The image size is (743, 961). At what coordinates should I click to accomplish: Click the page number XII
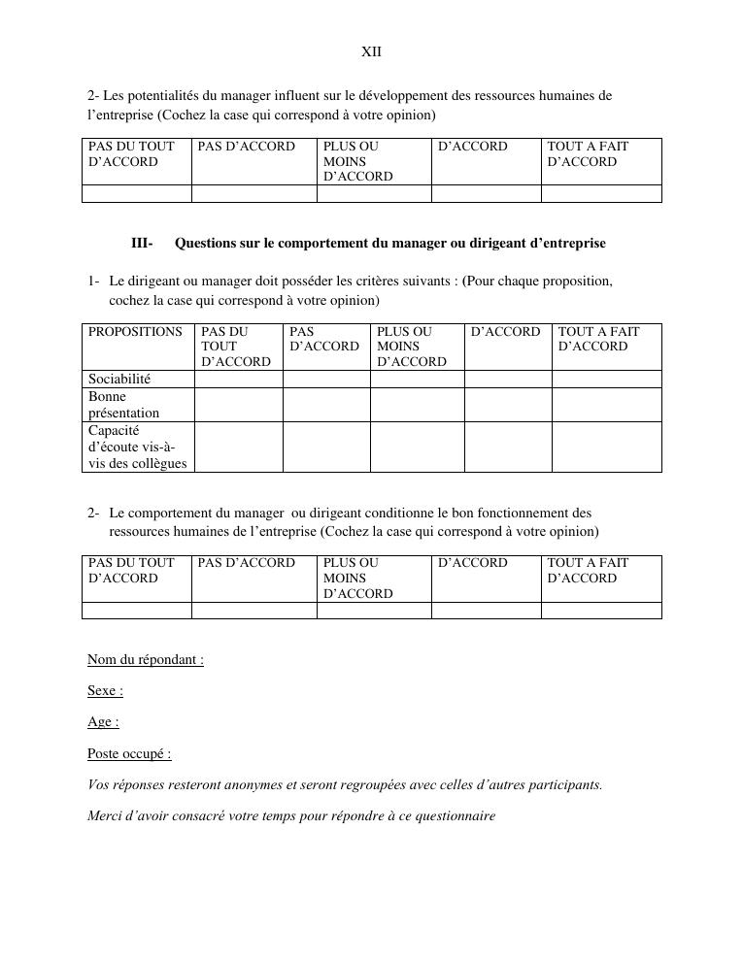[x=371, y=51]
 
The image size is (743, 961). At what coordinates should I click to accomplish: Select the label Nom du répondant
[x=145, y=660]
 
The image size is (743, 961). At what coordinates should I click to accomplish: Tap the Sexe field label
[x=105, y=691]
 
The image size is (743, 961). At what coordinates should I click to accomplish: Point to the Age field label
[x=103, y=722]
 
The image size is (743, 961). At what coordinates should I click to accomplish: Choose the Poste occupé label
[x=129, y=753]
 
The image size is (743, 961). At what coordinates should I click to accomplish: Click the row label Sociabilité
[x=119, y=379]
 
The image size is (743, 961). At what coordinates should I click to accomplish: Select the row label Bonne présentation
[x=123, y=405]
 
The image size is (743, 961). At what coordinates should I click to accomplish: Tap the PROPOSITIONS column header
[x=135, y=332]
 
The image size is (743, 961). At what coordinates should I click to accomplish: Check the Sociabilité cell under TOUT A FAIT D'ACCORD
[x=606, y=379]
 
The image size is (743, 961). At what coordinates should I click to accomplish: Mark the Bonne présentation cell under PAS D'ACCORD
[x=325, y=405]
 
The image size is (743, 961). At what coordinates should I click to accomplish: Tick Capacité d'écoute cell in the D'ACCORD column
[x=507, y=447]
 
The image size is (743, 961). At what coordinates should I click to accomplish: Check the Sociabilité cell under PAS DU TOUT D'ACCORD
[x=238, y=379]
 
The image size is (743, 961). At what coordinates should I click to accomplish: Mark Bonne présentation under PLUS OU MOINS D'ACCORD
[x=417, y=405]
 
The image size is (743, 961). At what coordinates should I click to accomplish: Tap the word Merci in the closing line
[x=104, y=815]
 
